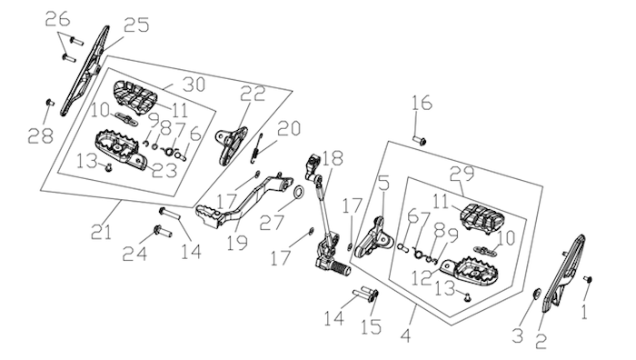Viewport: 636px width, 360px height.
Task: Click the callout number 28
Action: click(x=41, y=136)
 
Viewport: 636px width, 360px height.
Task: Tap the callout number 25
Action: click(x=136, y=25)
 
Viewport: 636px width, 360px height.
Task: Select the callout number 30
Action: click(x=194, y=85)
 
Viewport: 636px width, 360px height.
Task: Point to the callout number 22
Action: click(x=253, y=94)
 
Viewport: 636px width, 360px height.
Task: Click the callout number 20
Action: click(x=289, y=128)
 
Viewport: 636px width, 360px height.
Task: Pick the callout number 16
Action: click(x=422, y=103)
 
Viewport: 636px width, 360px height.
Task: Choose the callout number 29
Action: click(x=462, y=174)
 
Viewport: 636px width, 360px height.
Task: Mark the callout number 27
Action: click(x=273, y=222)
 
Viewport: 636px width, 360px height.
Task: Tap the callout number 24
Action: click(x=134, y=254)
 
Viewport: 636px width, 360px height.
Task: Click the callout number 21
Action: click(x=101, y=232)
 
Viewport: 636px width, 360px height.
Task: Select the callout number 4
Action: click(x=406, y=336)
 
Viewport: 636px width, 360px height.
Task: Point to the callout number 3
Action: click(x=518, y=336)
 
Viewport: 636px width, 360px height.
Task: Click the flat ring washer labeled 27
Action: click(x=299, y=192)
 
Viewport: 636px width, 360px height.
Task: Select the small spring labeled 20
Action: click(x=256, y=148)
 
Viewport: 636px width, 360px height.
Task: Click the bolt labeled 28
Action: click(x=50, y=102)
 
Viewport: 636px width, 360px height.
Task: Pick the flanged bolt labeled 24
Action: click(x=163, y=232)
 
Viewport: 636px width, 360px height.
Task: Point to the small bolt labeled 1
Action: click(x=588, y=279)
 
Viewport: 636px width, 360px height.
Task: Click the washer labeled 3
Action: click(x=537, y=293)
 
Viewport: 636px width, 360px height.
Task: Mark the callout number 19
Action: click(x=237, y=243)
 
